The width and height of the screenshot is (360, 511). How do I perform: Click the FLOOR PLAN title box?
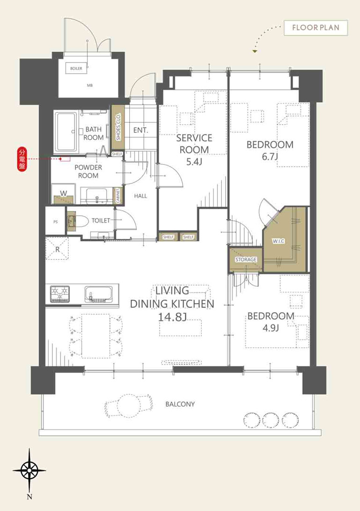click(316, 28)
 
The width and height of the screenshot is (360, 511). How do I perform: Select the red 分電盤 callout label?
click(22, 159)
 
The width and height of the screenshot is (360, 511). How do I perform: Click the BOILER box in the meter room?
click(76, 68)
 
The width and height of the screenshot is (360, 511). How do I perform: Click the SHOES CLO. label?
click(118, 127)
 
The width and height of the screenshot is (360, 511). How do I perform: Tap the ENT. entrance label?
click(140, 130)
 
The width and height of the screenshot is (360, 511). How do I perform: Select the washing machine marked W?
click(64, 194)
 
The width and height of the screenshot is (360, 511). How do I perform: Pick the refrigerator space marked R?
click(57, 249)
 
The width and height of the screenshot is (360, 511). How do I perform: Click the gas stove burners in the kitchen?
click(60, 293)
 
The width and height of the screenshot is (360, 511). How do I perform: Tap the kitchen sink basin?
click(98, 294)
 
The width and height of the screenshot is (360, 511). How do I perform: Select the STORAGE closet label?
click(246, 259)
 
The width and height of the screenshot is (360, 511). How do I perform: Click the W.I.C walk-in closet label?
click(279, 241)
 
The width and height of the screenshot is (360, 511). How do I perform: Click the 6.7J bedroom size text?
click(270, 157)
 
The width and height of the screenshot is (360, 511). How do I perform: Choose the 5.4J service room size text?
click(194, 161)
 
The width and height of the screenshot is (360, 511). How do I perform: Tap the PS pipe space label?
click(55, 222)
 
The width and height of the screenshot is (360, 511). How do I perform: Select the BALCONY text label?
click(180, 404)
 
